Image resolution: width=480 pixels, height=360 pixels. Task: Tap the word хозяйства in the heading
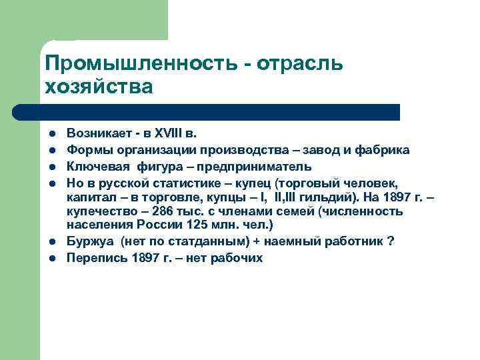(x=99, y=87)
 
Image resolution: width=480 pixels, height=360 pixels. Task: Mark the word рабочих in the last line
(x=238, y=258)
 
